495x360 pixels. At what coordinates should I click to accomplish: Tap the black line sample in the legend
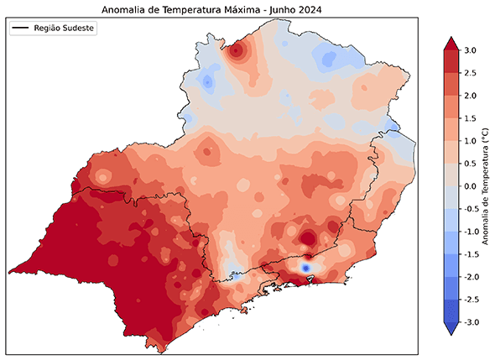pos(21,29)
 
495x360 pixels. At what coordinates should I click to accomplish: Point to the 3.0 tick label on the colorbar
pos(470,50)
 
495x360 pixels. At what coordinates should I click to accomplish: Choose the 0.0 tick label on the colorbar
pos(470,186)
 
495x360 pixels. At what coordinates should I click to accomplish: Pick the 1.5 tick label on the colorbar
pos(470,118)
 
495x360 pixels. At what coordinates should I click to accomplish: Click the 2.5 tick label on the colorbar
pos(470,73)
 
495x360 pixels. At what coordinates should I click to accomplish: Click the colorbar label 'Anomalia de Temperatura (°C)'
pos(487,186)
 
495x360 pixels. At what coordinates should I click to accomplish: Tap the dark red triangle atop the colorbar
pos(451,44)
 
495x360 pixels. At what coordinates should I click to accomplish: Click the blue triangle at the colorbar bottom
pos(451,328)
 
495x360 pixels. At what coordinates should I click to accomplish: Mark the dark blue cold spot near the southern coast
pos(305,267)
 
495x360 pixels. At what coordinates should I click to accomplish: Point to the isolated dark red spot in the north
pos(237,51)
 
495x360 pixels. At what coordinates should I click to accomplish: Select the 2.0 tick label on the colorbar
pos(470,96)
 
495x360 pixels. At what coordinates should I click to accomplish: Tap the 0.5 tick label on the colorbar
pos(470,164)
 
